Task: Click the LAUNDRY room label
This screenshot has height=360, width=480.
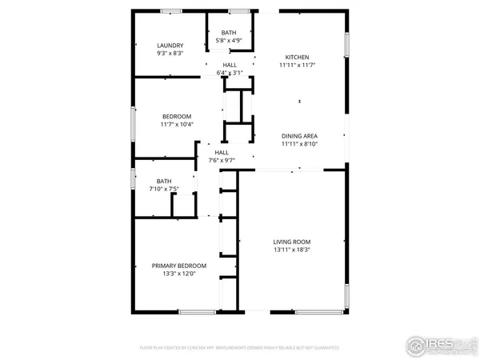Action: click(x=170, y=46)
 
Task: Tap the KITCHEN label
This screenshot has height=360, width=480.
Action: click(x=298, y=57)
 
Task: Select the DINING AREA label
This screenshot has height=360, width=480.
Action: click(x=300, y=136)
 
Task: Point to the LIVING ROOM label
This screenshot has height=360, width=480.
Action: click(x=291, y=242)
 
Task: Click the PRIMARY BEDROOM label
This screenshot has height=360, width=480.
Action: click(x=179, y=266)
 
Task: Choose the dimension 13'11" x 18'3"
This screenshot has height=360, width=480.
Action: click(x=291, y=250)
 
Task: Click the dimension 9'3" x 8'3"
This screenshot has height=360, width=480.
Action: click(x=170, y=54)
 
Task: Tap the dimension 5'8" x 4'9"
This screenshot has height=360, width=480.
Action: click(x=229, y=40)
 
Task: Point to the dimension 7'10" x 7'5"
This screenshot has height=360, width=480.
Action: click(x=164, y=189)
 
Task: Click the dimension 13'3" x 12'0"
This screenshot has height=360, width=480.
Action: click(x=179, y=274)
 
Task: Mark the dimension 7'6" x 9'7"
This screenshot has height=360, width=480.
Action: click(x=222, y=160)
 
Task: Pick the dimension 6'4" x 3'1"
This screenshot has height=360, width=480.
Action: click(x=230, y=73)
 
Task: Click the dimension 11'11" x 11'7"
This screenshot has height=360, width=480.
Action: click(x=298, y=65)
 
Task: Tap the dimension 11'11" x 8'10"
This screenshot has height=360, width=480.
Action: click(x=300, y=144)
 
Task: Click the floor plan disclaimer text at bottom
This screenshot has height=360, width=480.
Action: click(x=240, y=349)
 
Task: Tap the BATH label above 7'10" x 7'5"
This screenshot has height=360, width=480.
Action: click(x=164, y=181)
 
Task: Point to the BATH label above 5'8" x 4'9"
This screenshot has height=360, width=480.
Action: click(x=229, y=32)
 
